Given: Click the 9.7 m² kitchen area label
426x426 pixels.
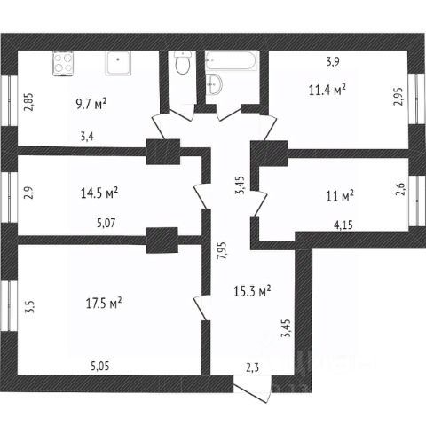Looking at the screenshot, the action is pyautogui.click(x=91, y=104).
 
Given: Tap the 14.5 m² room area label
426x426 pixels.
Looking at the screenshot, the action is pyautogui.click(x=99, y=193).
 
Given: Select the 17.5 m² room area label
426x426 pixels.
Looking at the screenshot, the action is pyautogui.click(x=104, y=304).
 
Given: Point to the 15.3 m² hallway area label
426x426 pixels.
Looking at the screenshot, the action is pyautogui.click(x=252, y=291).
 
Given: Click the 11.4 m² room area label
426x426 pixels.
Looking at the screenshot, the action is pyautogui.click(x=327, y=90).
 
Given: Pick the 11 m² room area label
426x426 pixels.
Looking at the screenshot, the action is pyautogui.click(x=340, y=196).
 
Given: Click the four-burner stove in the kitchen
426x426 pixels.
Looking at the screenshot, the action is pyautogui.click(x=63, y=63).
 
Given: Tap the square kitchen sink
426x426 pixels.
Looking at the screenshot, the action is pyautogui.click(x=118, y=63).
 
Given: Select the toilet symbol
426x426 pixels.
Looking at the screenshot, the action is pyautogui.click(x=182, y=63).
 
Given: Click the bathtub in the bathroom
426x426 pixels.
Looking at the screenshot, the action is pyautogui.click(x=233, y=61).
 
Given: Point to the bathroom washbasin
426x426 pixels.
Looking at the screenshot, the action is pyautogui.click(x=214, y=84).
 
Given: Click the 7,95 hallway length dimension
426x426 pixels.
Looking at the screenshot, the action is pyautogui.click(x=221, y=251).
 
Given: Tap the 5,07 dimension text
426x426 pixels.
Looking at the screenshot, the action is pyautogui.click(x=106, y=223).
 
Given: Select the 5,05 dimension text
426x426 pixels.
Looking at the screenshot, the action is pyautogui.click(x=99, y=367).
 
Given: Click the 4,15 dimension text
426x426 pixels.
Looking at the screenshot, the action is pyautogui.click(x=343, y=225).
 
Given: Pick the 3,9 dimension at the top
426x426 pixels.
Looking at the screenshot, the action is pyautogui.click(x=333, y=62).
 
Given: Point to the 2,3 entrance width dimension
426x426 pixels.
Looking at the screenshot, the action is pyautogui.click(x=252, y=367).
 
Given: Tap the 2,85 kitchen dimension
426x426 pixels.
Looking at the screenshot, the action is pyautogui.click(x=29, y=102).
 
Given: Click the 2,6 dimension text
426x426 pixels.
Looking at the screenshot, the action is pyautogui.click(x=403, y=189).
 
